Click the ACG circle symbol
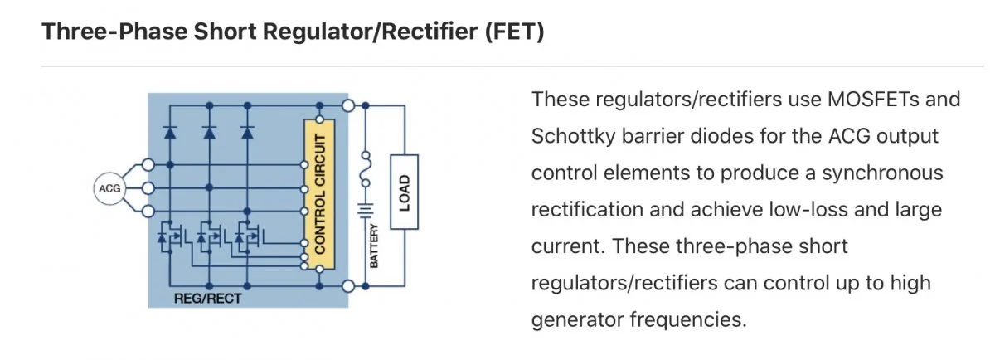[x=108, y=188]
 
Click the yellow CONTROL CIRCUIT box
[x=319, y=192]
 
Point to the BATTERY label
[x=374, y=246]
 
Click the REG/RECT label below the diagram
[x=207, y=298]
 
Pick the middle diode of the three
[x=209, y=131]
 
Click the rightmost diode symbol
[x=247, y=131]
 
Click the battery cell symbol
[x=365, y=212]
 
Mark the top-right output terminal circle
[x=349, y=105]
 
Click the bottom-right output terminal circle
[x=349, y=286]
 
